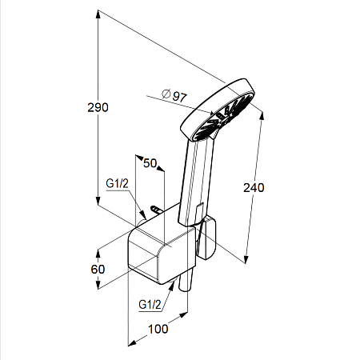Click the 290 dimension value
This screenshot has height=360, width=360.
[x=98, y=107]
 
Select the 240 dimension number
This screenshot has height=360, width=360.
[x=254, y=188]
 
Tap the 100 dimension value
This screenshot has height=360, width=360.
[x=158, y=329]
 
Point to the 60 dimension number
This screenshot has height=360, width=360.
[x=98, y=270]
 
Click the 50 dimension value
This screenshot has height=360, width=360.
[x=150, y=163]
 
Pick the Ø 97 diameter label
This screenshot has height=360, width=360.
[x=174, y=95]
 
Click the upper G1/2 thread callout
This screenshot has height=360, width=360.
[x=117, y=183]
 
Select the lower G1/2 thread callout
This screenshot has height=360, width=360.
[x=150, y=304]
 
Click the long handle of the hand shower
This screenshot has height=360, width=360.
[x=196, y=182]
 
